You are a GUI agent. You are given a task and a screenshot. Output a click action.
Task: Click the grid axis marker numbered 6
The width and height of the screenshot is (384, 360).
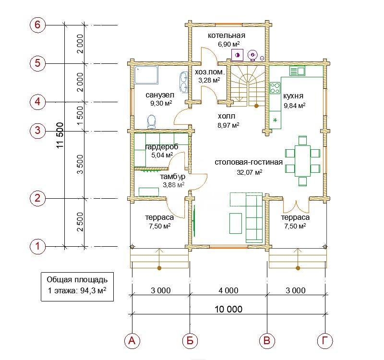(x=37, y=25)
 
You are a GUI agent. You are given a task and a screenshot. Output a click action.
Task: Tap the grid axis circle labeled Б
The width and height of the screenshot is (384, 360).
(x=190, y=341)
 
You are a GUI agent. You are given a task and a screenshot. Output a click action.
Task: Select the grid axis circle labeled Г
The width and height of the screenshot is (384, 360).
(x=325, y=341)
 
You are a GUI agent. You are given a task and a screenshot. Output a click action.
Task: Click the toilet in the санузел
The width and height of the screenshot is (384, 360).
(x=152, y=122)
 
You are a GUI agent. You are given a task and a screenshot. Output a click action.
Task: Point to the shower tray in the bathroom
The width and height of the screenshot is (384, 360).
(x=146, y=75)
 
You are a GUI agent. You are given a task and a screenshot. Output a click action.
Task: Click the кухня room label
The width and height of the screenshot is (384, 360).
(x=293, y=96)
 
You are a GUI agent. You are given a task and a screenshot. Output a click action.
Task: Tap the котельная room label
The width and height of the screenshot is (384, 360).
(x=227, y=36)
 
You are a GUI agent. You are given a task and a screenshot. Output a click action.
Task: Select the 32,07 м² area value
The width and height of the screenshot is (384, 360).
(x=249, y=172)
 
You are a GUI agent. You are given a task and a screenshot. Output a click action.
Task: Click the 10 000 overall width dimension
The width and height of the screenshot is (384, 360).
(x=228, y=309)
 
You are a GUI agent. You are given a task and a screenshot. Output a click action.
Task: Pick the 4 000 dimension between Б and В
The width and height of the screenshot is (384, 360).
(x=228, y=290)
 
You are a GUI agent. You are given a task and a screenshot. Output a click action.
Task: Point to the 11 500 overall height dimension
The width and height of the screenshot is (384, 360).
(x=60, y=135)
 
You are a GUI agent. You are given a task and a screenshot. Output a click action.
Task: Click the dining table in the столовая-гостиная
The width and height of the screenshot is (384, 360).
(x=303, y=161)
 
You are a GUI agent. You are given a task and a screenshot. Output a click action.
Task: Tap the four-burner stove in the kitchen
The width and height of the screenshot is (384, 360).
(x=275, y=88)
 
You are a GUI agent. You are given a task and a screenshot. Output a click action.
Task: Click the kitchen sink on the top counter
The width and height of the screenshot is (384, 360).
(x=297, y=71)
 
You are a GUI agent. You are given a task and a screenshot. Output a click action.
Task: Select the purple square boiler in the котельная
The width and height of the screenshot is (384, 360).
(x=237, y=55)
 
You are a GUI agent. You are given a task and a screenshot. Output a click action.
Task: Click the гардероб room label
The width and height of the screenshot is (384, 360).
(x=162, y=147)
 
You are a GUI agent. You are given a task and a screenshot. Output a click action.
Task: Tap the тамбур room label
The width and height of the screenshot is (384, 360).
(x=172, y=177)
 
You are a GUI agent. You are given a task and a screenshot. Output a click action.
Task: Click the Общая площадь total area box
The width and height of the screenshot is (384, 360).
(x=77, y=287)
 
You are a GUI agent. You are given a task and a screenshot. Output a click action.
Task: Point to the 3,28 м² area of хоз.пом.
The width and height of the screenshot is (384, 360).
(x=209, y=80)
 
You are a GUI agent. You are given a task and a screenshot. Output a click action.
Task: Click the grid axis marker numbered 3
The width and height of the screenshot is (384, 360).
(x=37, y=130)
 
